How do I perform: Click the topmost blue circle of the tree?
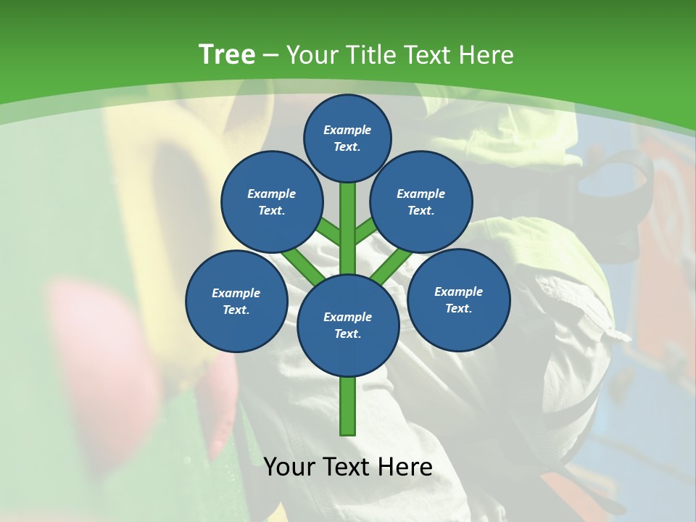[347, 138]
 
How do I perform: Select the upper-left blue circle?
[271, 202]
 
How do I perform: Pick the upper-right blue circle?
[421, 202]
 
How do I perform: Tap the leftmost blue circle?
[236, 301]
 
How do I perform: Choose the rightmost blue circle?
[458, 299]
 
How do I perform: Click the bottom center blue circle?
[347, 326]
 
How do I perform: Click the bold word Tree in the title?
[227, 54]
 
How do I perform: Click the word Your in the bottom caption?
[289, 467]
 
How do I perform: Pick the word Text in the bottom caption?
[347, 467]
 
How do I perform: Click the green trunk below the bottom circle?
[347, 406]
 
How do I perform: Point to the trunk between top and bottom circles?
[347, 225]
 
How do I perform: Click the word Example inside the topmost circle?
[347, 130]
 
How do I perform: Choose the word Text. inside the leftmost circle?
[236, 310]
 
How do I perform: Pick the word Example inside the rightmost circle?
[458, 291]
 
